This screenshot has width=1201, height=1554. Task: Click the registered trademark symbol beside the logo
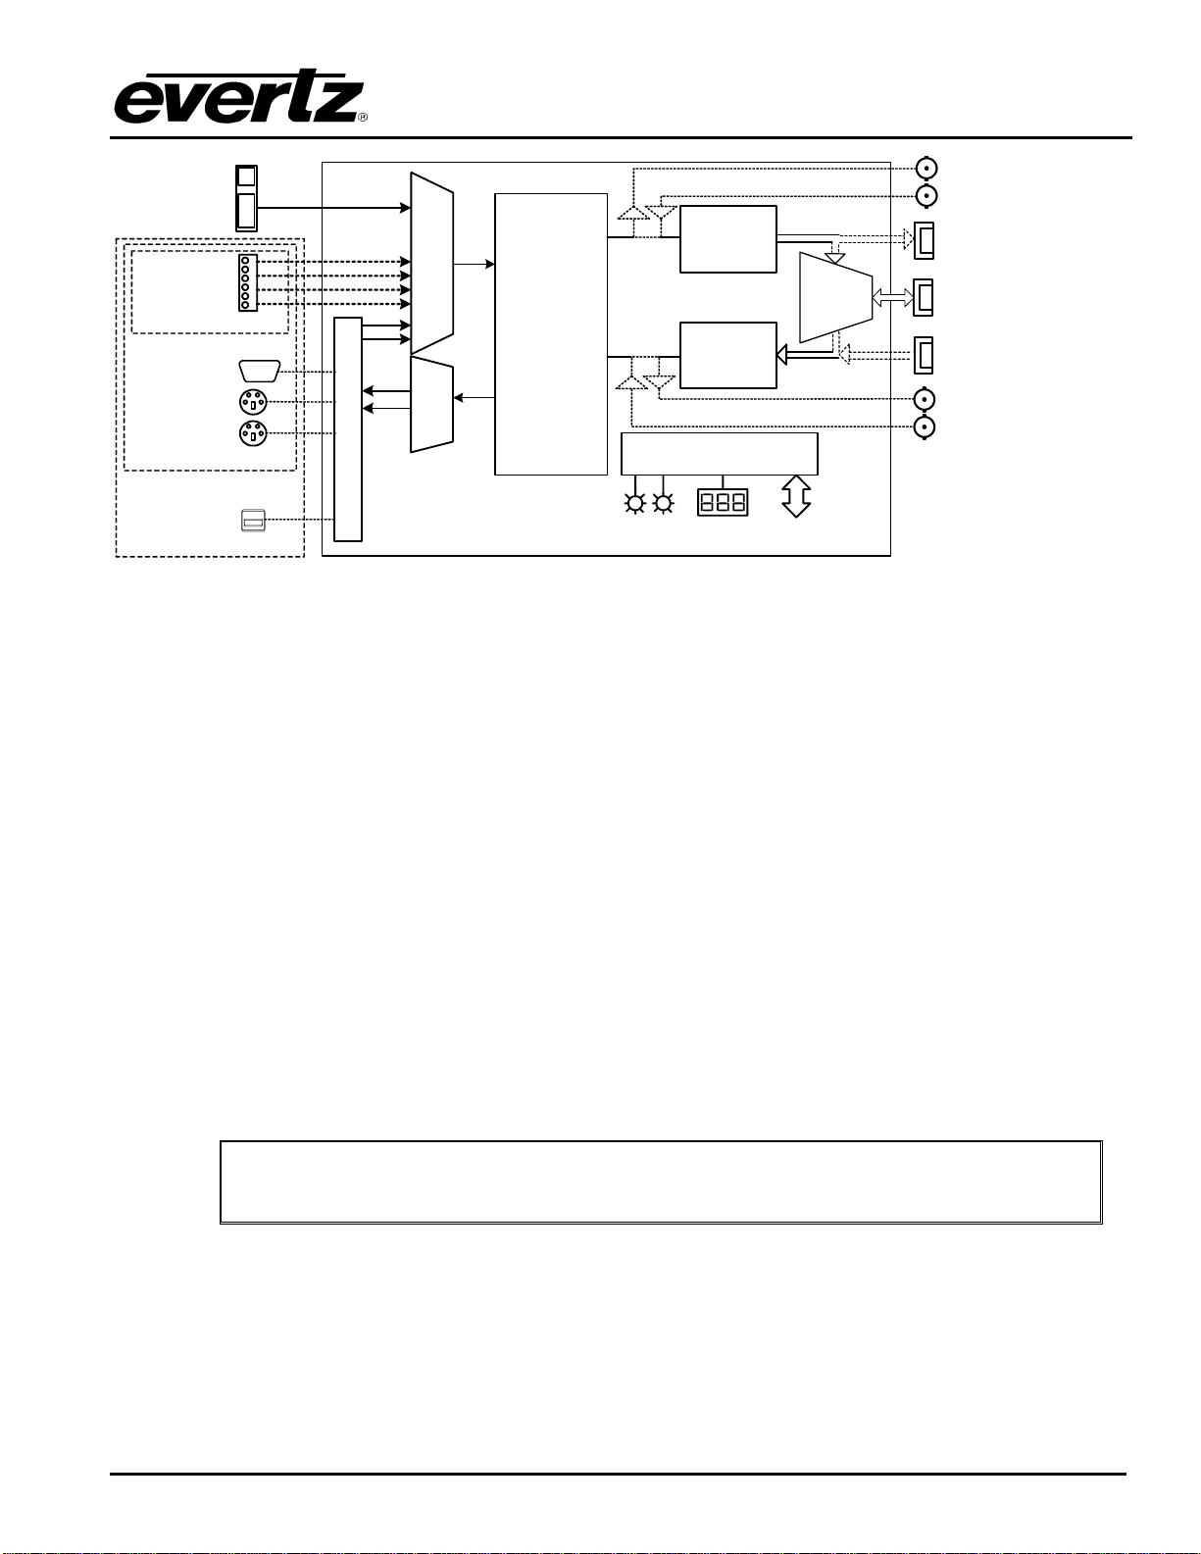point(363,118)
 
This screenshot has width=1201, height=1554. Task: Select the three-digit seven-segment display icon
point(722,502)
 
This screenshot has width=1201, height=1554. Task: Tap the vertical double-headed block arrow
point(796,496)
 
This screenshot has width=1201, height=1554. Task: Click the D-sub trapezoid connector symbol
point(260,372)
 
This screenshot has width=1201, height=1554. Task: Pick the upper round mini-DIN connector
point(252,403)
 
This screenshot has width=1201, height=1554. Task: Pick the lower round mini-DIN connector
point(252,433)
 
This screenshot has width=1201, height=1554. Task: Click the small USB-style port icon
point(253,520)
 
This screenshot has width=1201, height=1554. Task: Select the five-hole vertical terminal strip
point(247,282)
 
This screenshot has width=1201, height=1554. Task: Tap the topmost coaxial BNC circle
point(926,168)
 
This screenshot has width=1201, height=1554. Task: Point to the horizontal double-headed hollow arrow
point(893,297)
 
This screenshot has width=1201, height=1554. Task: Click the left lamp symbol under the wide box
point(635,504)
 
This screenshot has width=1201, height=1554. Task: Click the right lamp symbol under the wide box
point(664,504)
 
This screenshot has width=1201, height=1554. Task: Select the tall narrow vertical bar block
point(348,429)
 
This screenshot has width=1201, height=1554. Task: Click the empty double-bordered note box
point(661,1182)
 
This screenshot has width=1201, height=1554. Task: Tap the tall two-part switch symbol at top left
point(247,199)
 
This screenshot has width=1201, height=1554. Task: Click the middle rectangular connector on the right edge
point(924,297)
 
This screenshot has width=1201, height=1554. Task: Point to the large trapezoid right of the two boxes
point(835,297)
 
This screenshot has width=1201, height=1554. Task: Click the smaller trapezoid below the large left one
point(431,405)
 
